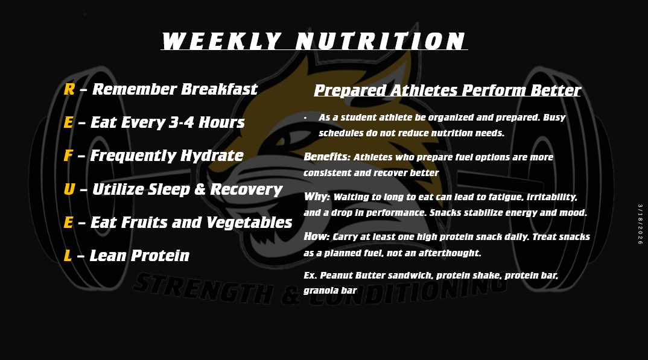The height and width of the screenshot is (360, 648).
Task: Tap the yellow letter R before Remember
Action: coord(69,89)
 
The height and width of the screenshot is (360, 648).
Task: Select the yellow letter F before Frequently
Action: coord(68,156)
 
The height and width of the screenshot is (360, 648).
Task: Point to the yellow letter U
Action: coord(69,189)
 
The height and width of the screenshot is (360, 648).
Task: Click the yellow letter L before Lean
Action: coord(68,256)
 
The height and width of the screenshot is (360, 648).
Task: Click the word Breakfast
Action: coord(220,89)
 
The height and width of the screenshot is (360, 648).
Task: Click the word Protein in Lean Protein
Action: coord(161,256)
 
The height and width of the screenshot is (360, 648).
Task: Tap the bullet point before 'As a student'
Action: coord(306,118)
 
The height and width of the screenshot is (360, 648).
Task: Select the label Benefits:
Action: coord(326,157)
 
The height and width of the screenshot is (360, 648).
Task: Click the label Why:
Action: coord(317,197)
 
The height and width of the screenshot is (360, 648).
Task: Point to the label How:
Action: coord(317,236)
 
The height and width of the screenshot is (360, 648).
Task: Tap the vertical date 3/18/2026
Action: coord(640,224)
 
